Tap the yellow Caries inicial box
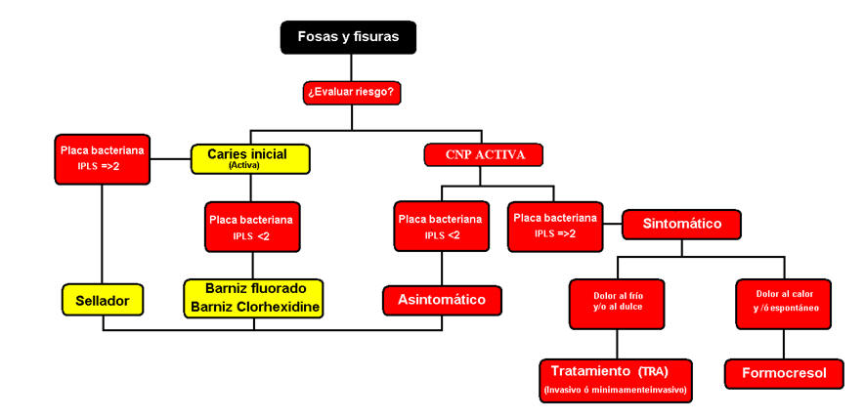(x=250, y=157)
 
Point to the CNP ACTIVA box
(x=483, y=154)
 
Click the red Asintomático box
(x=442, y=299)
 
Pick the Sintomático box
(x=682, y=224)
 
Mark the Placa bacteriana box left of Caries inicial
(x=102, y=160)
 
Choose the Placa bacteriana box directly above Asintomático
(x=442, y=226)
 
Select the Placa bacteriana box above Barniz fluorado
(x=253, y=226)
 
